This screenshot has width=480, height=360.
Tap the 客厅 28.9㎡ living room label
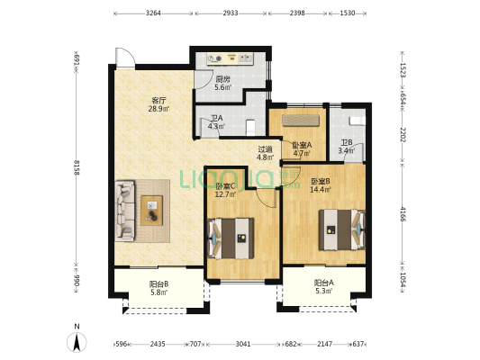point(158,104)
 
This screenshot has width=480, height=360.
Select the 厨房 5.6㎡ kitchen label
point(222,83)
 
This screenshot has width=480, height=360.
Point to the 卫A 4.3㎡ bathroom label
point(216,121)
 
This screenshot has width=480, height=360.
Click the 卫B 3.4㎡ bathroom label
point(347,147)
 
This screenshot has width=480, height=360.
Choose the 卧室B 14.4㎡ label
point(321,185)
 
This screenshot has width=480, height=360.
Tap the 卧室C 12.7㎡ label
point(225,190)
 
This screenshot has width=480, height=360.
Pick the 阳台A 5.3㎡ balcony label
point(324,287)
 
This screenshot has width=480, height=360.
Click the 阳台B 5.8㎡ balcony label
point(158,288)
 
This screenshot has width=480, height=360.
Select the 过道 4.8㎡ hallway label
point(265,153)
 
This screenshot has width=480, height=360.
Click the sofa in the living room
point(125,211)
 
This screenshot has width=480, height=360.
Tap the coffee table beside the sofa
point(152,211)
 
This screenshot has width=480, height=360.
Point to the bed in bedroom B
point(342,229)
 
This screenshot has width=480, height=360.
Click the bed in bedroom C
point(231,238)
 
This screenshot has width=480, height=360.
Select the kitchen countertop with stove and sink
point(230,58)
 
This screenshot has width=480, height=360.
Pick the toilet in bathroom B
point(358,121)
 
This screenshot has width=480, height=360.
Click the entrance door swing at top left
point(125,58)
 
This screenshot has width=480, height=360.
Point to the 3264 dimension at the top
point(153,13)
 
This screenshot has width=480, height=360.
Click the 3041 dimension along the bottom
point(243,344)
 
